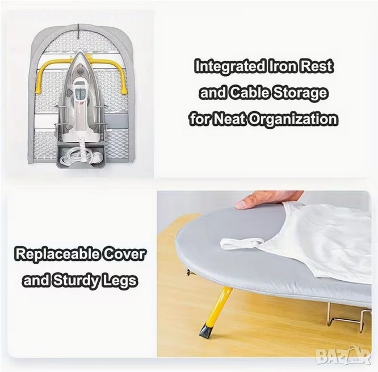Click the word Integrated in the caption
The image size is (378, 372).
click(230, 66)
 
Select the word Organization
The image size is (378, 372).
click(293, 119)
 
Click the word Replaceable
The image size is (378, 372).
click(57, 254)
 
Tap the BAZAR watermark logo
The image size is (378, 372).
click(343, 356)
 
